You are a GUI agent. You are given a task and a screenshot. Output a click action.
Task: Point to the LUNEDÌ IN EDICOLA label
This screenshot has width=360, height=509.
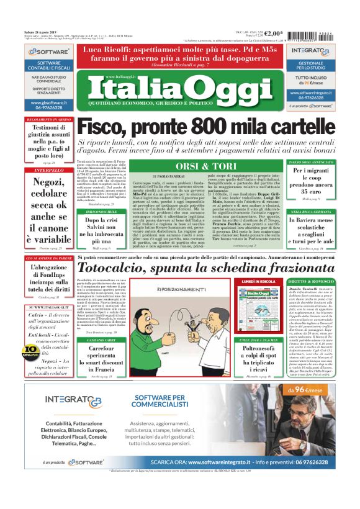pyautogui.click(x=259, y=282)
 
